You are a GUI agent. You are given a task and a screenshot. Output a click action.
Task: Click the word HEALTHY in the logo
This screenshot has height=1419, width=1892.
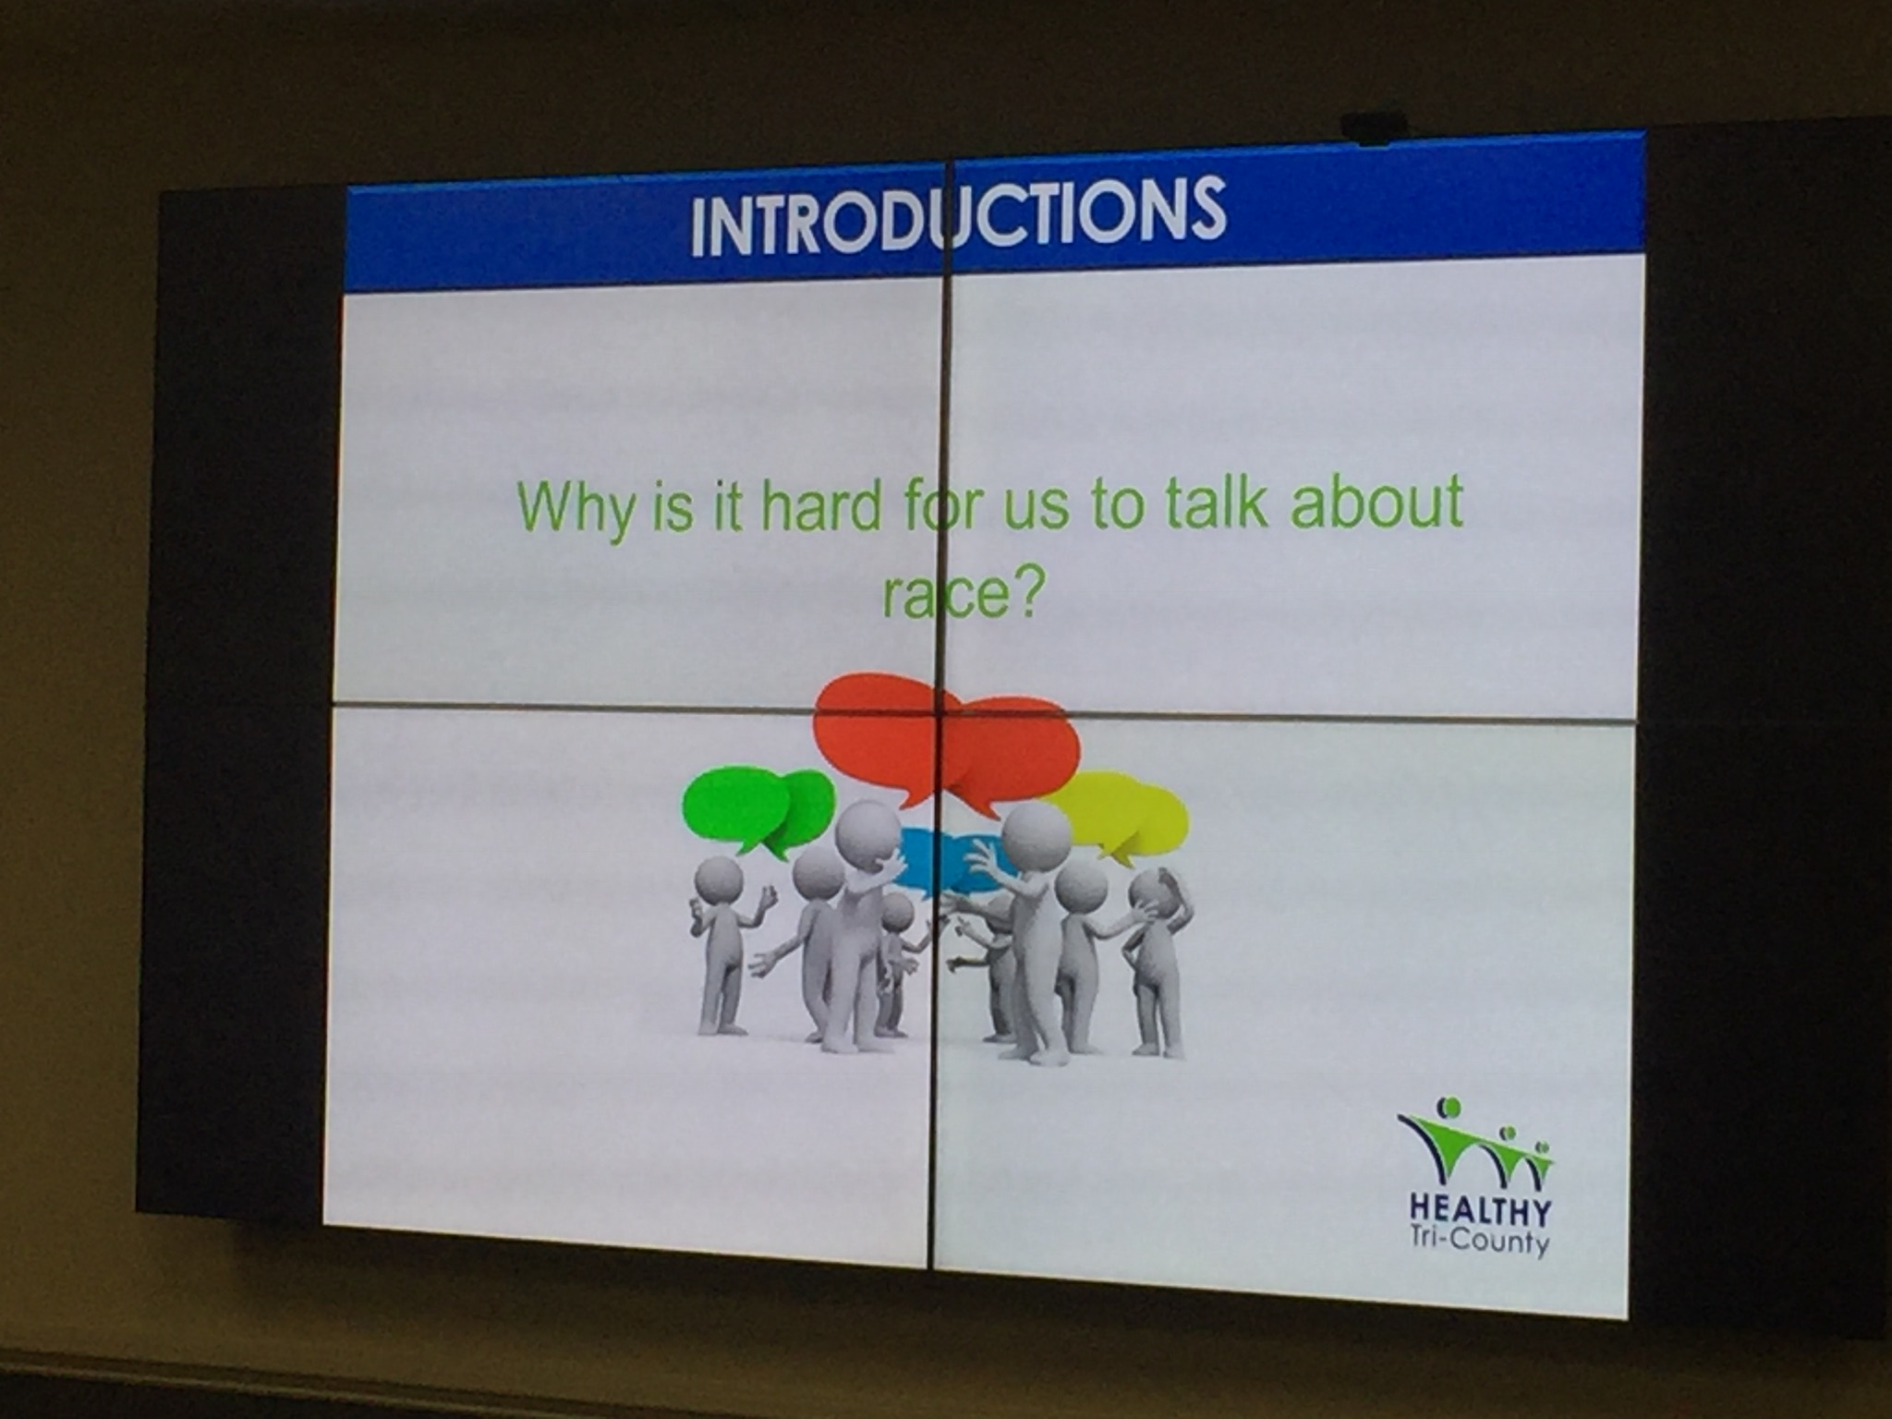click(x=1481, y=1207)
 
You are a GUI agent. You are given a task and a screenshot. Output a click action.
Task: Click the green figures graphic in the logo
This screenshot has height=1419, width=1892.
click(x=1476, y=1144)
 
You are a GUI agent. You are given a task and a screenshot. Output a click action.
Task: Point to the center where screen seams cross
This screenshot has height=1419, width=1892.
click(x=941, y=711)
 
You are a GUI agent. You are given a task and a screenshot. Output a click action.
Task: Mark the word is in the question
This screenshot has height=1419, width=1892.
click(x=673, y=508)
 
